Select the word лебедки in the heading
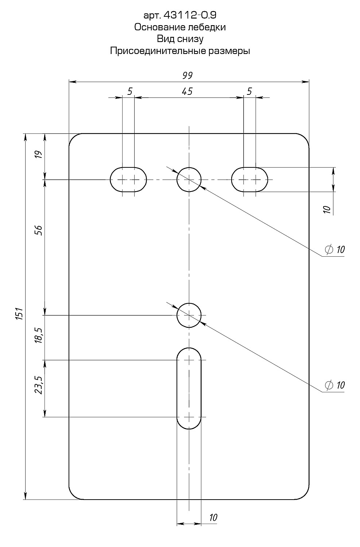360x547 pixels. [206, 27]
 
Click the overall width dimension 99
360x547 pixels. [187, 75]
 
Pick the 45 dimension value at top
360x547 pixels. [187, 91]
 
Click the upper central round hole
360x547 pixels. [189, 179]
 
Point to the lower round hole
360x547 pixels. [189, 315]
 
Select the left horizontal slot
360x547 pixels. [128, 179]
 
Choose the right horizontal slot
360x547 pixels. [250, 179]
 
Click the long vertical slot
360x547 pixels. [189, 388]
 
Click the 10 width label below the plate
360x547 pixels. [214, 517]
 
